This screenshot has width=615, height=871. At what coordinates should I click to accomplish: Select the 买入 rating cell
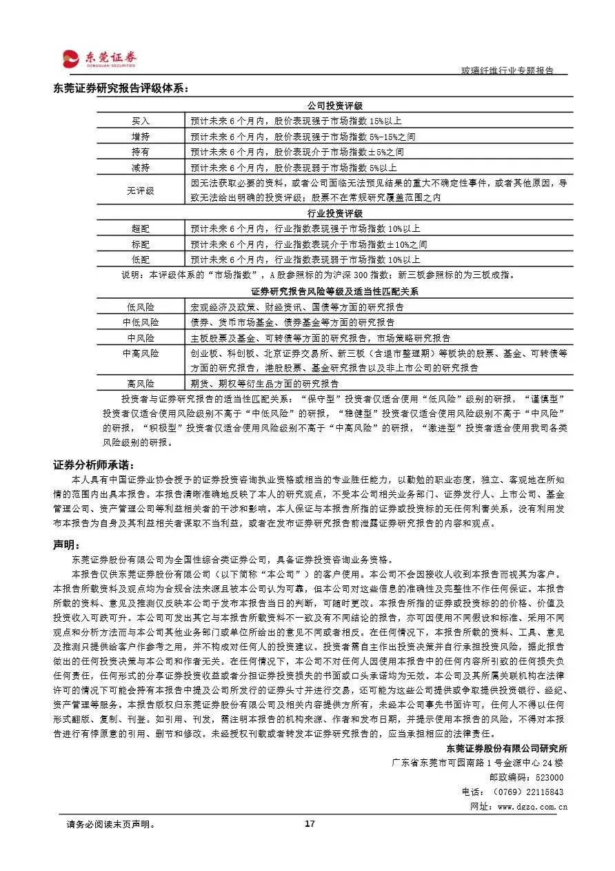point(141,121)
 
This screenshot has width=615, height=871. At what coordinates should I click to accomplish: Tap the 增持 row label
point(141,137)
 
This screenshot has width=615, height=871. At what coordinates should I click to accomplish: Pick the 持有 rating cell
point(141,152)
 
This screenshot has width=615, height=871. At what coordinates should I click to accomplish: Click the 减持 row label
point(141,168)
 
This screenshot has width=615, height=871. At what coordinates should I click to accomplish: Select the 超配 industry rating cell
point(141,228)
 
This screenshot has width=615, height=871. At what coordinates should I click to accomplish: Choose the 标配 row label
point(141,244)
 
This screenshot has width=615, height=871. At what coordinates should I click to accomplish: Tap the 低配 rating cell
point(141,260)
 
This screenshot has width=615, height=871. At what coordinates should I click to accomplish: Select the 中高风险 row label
point(141,353)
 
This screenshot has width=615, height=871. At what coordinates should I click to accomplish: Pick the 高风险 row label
point(141,384)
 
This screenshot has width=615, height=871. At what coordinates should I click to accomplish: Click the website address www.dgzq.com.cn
point(532,806)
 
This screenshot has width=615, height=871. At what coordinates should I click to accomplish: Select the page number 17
point(310,824)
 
